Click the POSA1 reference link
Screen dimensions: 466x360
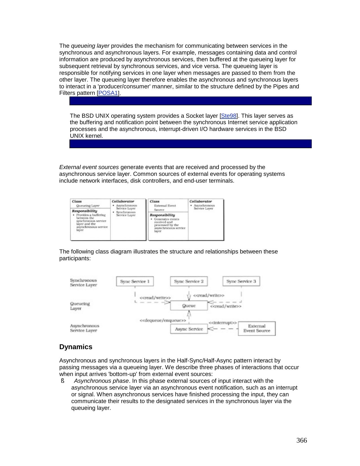108,93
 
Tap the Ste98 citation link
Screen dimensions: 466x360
229,116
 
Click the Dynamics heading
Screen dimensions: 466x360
76,347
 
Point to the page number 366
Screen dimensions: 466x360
302,441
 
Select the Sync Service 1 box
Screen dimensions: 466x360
135,281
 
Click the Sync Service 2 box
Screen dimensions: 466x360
189,281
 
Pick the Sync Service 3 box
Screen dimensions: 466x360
241,281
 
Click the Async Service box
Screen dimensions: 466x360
189,329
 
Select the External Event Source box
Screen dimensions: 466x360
257,329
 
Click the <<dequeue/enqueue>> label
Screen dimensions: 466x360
163,321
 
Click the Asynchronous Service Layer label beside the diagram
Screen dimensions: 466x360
84,328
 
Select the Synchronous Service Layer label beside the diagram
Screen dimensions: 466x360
83,283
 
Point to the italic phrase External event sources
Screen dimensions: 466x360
89,167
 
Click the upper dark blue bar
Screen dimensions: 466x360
190,101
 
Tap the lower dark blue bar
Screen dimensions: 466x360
190,144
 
